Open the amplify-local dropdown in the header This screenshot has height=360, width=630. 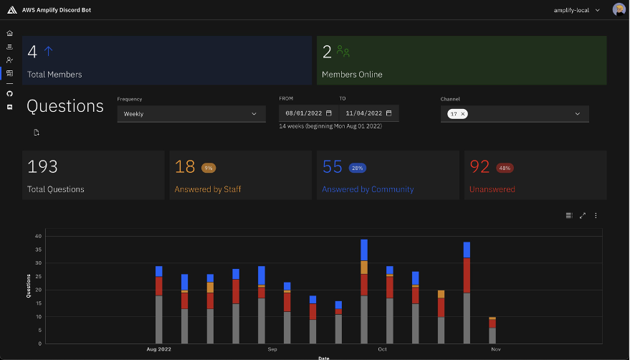(x=577, y=10)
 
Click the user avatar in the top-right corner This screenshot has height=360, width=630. (x=619, y=9)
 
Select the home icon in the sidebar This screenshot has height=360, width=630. (x=9, y=33)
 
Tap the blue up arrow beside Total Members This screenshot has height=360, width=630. (x=49, y=51)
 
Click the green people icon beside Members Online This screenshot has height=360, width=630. (x=344, y=52)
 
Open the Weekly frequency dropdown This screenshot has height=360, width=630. (x=190, y=113)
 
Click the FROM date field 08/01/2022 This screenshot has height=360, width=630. (x=308, y=113)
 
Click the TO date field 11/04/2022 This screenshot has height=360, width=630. (x=368, y=113)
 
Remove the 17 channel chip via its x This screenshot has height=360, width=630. (x=463, y=114)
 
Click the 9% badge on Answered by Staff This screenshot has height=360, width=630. (x=209, y=168)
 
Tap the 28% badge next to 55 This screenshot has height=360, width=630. (x=357, y=168)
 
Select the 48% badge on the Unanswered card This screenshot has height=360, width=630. (x=505, y=168)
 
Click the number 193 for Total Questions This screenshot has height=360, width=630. (x=42, y=167)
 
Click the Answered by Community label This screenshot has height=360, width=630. (x=368, y=189)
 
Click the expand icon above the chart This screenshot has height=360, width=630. (x=582, y=215)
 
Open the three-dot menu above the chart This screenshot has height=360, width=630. (x=596, y=215)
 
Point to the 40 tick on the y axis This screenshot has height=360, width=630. (x=38, y=236)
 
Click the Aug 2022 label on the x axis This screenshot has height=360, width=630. (x=158, y=349)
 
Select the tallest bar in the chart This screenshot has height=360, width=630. (x=364, y=294)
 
